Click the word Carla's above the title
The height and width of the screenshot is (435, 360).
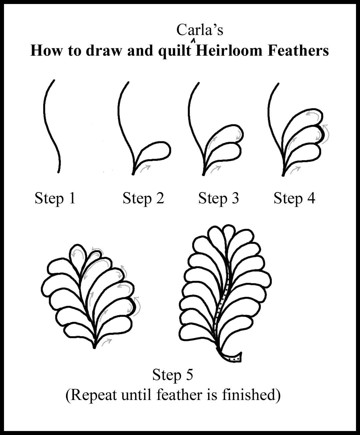pyautogui.click(x=200, y=30)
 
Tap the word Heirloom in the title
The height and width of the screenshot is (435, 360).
pyautogui.click(x=229, y=51)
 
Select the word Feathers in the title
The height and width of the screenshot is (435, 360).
pyautogui.click(x=298, y=51)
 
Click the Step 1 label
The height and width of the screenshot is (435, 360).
pyautogui.click(x=55, y=198)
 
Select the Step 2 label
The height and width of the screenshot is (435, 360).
pyautogui.click(x=143, y=198)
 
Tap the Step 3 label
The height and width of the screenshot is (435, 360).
pyautogui.click(x=219, y=198)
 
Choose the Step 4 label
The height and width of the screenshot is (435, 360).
pyautogui.click(x=294, y=198)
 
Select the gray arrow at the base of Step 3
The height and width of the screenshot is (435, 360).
pyautogui.click(x=216, y=169)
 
